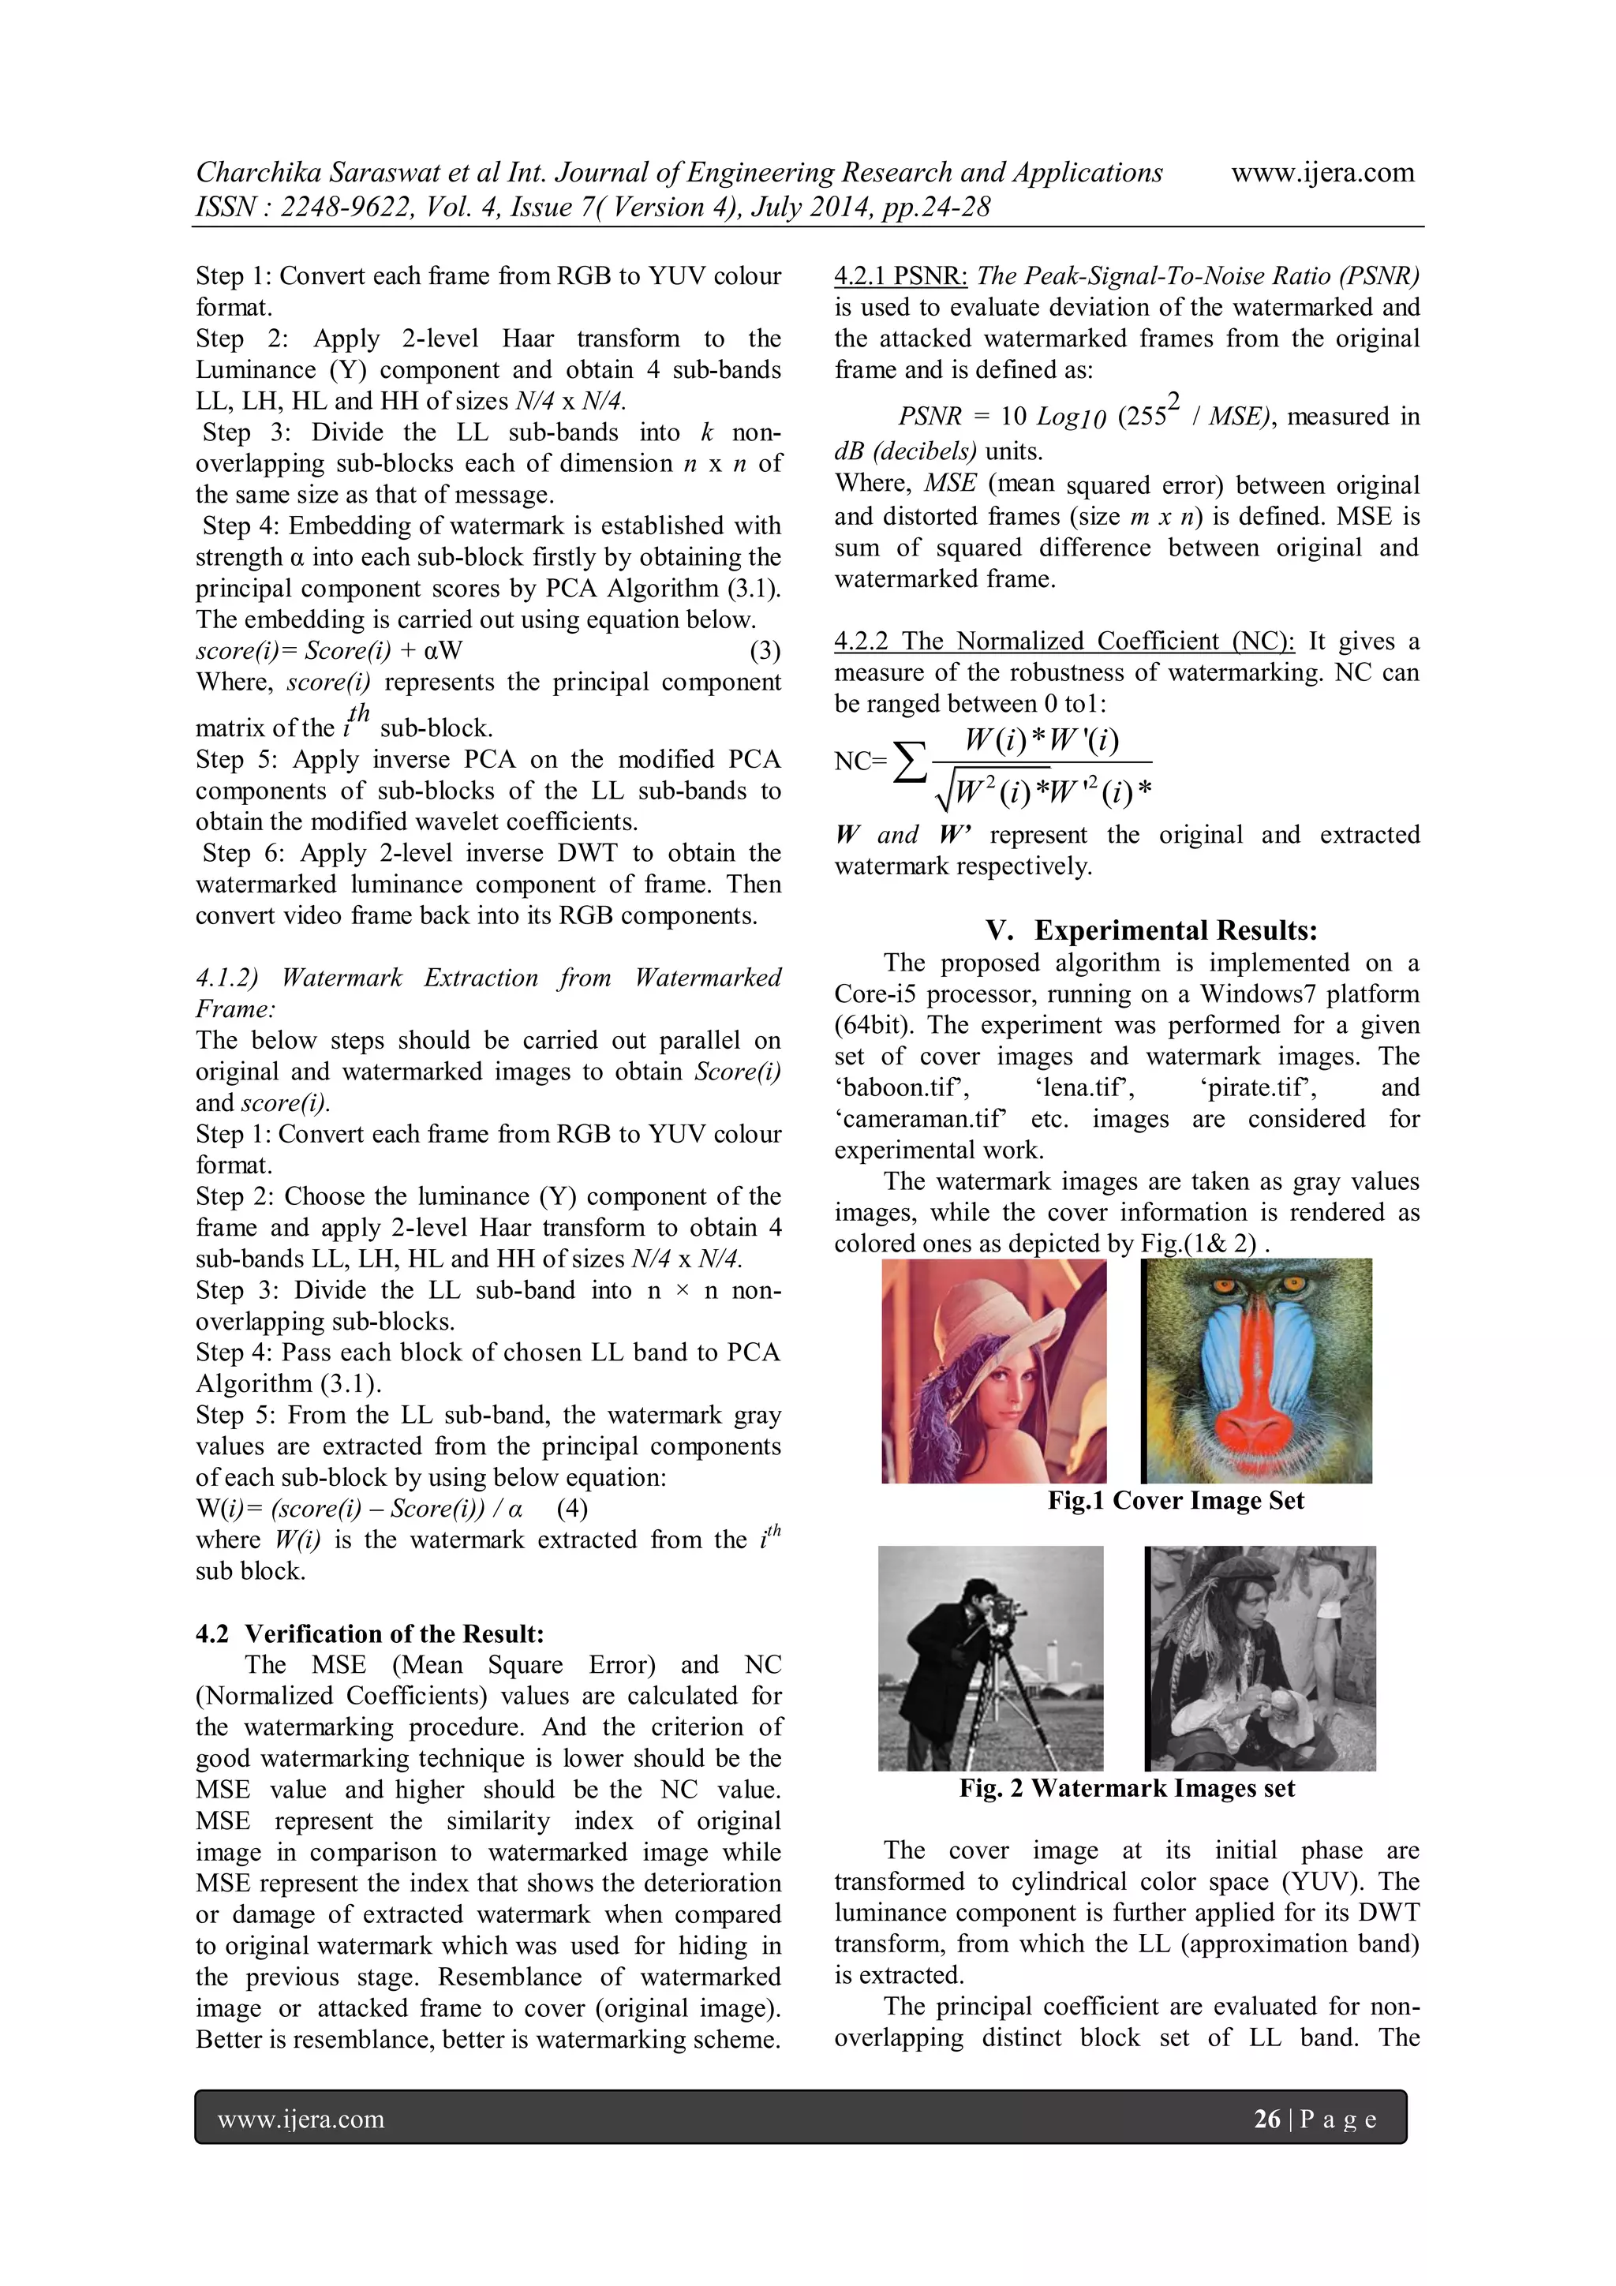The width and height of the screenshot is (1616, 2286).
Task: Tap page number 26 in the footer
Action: pyautogui.click(x=1266, y=2119)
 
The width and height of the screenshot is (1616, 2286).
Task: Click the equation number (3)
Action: pyautogui.click(x=764, y=651)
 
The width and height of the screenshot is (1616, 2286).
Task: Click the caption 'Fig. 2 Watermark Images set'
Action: pyautogui.click(x=1126, y=1788)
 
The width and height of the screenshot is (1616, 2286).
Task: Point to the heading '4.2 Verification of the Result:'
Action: pyautogui.click(x=369, y=1634)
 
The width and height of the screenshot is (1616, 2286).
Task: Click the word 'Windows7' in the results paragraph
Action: pyautogui.click(x=1255, y=993)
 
